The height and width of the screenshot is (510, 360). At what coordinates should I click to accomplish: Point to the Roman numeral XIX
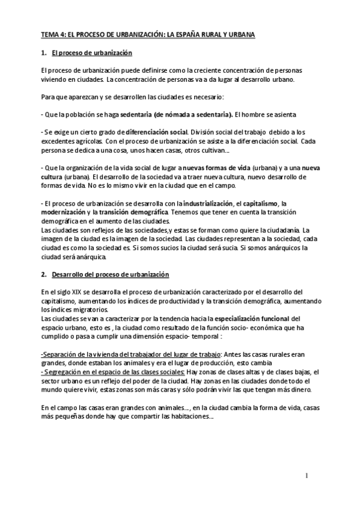tap(78, 292)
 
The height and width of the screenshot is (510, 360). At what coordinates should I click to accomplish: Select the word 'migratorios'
tap(89, 309)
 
